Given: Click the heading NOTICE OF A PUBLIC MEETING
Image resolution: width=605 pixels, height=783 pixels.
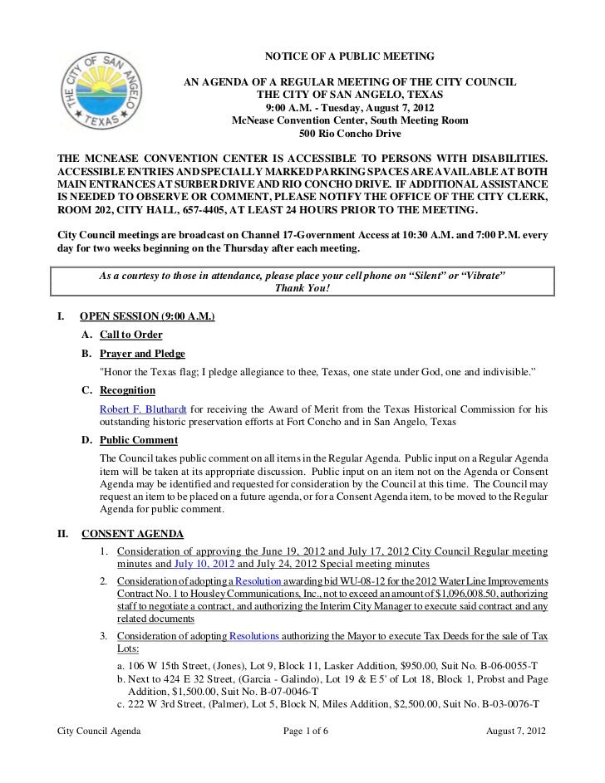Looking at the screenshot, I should pos(349,56).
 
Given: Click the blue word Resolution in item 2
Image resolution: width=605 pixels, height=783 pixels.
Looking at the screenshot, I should pos(258,579).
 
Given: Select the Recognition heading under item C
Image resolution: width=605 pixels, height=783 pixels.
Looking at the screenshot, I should pos(127,390).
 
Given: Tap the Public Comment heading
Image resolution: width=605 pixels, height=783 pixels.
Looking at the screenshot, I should pos(139,440).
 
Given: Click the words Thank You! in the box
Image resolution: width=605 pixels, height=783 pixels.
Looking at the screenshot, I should pos(302,288).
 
